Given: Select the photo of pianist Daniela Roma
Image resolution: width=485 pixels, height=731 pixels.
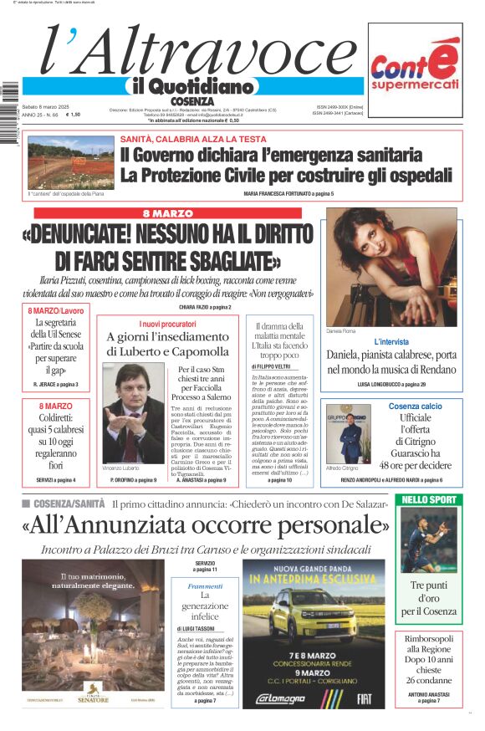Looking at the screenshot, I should (x=391, y=267).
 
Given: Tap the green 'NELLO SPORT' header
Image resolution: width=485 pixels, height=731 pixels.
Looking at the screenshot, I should (x=429, y=500).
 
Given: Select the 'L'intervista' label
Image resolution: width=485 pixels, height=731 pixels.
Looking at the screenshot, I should (x=391, y=342).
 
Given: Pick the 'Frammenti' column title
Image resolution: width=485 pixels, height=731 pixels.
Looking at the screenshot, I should (x=205, y=586).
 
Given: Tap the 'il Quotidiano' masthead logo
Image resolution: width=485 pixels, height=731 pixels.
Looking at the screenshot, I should (x=191, y=86).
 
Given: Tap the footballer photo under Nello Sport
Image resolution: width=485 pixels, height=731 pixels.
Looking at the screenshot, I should (x=428, y=540).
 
